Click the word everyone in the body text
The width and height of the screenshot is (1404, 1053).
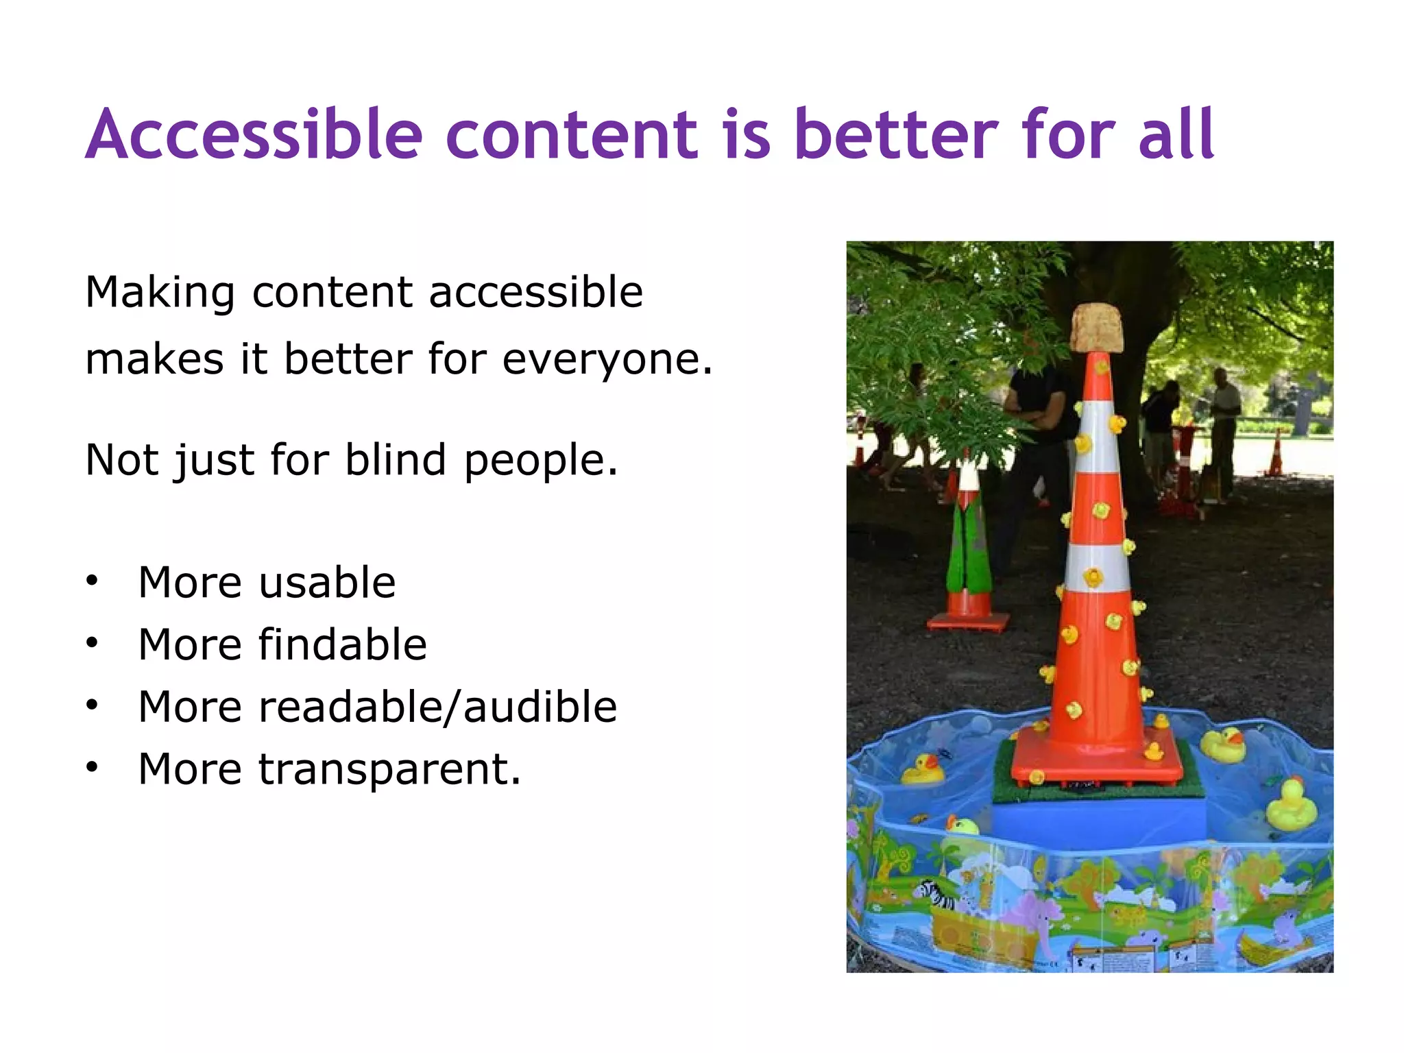click(606, 359)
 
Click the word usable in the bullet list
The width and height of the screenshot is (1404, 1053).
click(327, 583)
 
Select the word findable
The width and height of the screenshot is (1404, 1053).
click(342, 644)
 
